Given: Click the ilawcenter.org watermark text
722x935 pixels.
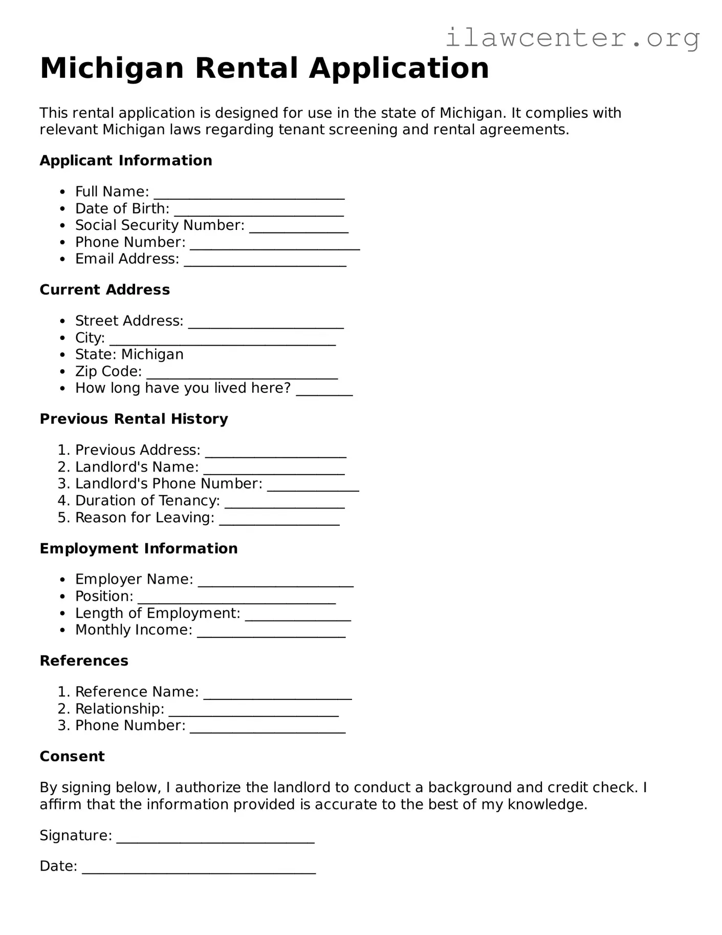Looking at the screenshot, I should [x=572, y=38].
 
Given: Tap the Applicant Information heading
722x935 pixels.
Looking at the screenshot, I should [x=126, y=161].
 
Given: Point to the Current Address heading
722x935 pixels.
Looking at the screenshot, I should [x=105, y=290].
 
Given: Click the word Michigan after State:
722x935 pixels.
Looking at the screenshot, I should [x=152, y=354].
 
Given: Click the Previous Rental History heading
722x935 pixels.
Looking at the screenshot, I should [x=134, y=419].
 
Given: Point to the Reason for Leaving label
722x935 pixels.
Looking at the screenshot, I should [x=145, y=518].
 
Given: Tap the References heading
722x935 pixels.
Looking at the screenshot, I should [x=84, y=661].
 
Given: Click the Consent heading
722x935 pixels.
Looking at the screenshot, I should [x=72, y=756].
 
